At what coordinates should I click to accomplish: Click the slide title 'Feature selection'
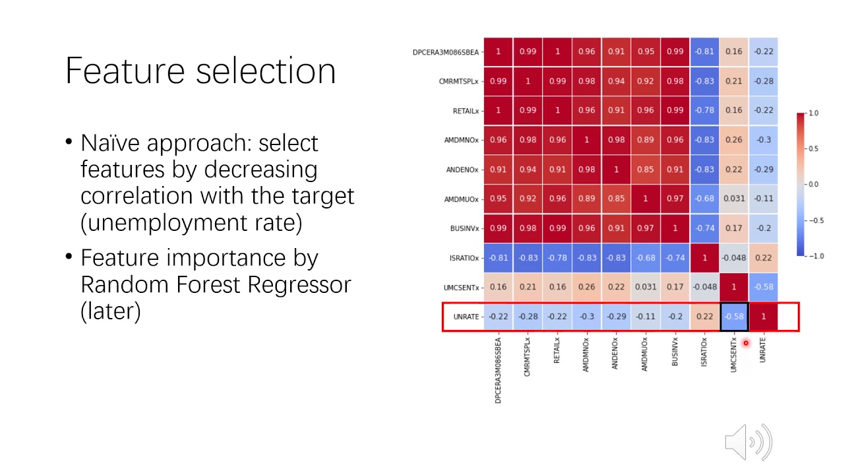(x=200, y=71)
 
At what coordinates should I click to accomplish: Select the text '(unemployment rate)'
(x=191, y=223)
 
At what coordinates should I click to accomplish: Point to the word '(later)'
(x=110, y=311)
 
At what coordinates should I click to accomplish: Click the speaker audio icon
(x=748, y=441)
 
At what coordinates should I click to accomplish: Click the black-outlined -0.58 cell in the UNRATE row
(x=734, y=317)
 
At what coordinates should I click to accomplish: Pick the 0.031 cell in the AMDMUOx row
(x=734, y=199)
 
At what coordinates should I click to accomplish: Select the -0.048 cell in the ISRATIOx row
(x=734, y=257)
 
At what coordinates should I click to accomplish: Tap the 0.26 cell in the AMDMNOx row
(x=734, y=140)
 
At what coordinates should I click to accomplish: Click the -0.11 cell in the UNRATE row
(x=646, y=317)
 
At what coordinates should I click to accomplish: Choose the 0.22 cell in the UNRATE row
(x=704, y=317)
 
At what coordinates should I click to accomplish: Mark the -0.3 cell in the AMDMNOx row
(x=764, y=140)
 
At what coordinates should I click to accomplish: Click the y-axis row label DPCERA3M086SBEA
(x=446, y=52)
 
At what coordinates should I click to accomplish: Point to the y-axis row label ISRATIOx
(x=464, y=258)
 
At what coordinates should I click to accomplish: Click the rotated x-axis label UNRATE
(x=763, y=353)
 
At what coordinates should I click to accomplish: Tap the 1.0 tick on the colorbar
(x=814, y=113)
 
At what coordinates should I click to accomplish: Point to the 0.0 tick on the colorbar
(x=814, y=185)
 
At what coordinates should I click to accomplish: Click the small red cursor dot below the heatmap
(x=746, y=343)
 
